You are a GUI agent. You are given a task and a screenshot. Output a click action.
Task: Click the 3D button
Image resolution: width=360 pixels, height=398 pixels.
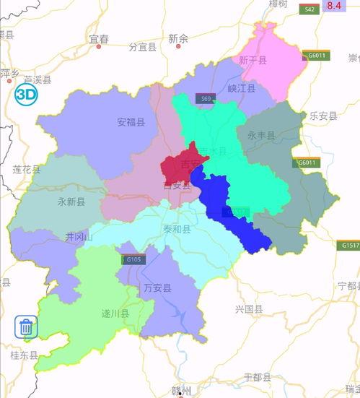click(x=27, y=95)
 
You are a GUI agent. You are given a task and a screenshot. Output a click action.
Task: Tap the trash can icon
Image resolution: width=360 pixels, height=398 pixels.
click(x=26, y=327)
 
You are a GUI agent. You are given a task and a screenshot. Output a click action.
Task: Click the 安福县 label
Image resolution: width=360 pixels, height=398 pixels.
click(x=131, y=123)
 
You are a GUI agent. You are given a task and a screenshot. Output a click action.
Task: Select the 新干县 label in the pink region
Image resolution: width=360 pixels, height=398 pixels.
click(x=253, y=61)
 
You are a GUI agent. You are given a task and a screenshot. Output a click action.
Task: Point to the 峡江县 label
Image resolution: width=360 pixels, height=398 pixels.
click(x=241, y=89)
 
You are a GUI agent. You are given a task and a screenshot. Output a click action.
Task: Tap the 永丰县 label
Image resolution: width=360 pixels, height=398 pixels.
click(x=261, y=135)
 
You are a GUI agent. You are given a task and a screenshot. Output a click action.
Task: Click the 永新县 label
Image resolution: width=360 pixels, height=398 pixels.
click(x=71, y=202)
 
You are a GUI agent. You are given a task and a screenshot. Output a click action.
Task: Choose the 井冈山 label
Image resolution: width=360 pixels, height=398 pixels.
click(x=79, y=236)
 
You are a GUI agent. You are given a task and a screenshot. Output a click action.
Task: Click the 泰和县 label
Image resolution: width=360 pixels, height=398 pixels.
click(x=177, y=230)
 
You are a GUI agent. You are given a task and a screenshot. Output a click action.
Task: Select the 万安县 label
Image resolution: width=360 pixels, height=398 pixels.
click(x=157, y=288)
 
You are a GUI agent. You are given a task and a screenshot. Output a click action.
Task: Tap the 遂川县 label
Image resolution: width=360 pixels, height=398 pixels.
click(x=115, y=313)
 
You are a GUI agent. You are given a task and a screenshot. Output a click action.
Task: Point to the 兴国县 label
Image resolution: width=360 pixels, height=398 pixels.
click(x=249, y=309)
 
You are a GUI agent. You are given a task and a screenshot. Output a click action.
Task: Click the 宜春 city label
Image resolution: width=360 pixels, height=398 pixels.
click(x=98, y=38)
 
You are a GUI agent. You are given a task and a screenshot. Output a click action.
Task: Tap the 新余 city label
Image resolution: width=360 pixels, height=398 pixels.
click(x=177, y=38)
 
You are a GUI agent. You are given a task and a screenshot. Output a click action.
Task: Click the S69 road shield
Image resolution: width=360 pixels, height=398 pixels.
click(x=207, y=98)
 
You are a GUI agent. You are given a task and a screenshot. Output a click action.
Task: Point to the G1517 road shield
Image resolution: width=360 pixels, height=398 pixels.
click(x=350, y=246)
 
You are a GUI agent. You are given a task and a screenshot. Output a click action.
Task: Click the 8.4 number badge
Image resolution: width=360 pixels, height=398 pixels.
click(x=333, y=6)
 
